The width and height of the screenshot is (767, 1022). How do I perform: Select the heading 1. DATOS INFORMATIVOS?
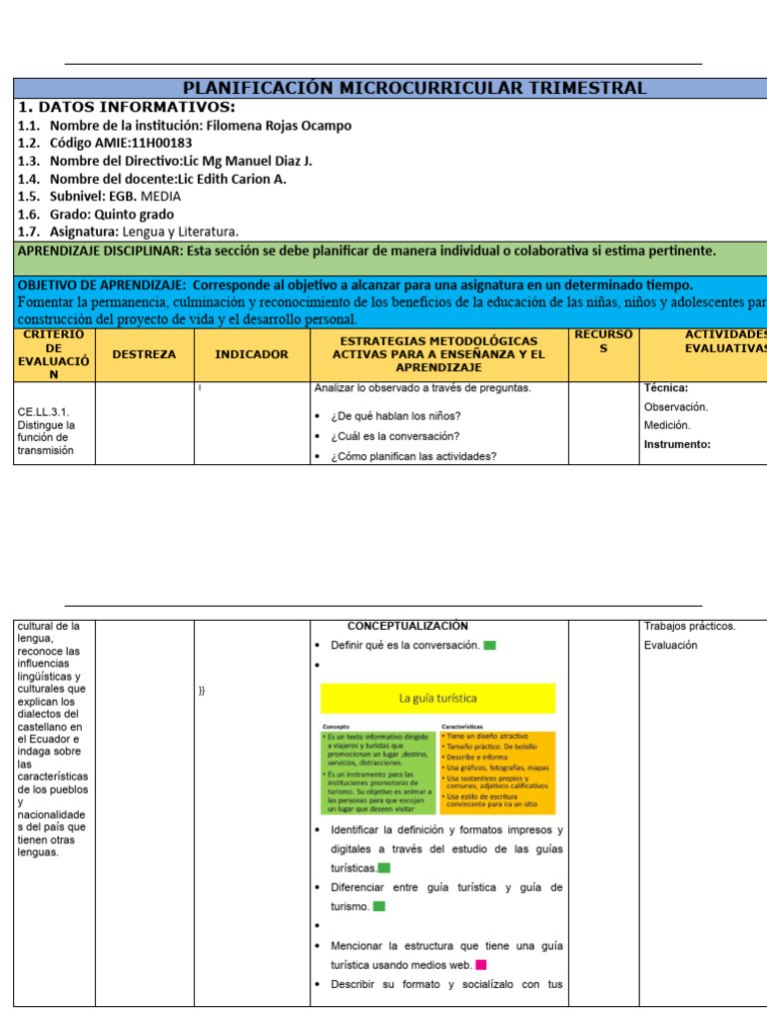click(127, 107)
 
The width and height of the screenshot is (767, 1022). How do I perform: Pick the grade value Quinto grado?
click(134, 215)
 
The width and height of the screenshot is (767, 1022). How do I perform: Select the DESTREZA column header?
click(144, 354)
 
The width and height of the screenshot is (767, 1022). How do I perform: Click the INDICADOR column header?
click(252, 354)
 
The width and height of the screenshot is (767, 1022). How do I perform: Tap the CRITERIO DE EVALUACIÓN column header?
click(55, 354)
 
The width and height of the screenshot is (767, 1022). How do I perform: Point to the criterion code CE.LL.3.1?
click(43, 410)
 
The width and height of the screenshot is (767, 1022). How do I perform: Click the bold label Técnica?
click(666, 388)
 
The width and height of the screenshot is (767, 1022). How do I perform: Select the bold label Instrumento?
click(677, 444)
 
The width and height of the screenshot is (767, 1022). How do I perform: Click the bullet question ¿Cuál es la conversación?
click(394, 436)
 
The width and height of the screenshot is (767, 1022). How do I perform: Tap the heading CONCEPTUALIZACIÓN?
click(407, 626)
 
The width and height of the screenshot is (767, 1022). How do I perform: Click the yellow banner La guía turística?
click(437, 699)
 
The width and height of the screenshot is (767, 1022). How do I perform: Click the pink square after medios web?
click(481, 964)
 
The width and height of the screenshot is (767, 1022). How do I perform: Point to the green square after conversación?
click(489, 645)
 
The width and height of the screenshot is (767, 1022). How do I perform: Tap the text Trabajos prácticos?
click(690, 626)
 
